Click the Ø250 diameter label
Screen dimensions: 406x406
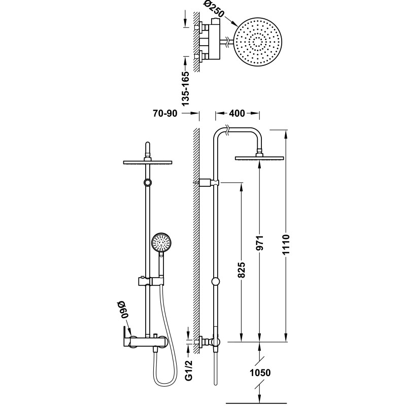pyautogui.click(x=214, y=9)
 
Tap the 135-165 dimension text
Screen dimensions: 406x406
pyautogui.click(x=185, y=88)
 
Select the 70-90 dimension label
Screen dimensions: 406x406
pyautogui.click(x=165, y=113)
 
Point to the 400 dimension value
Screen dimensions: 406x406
pyautogui.click(x=237, y=113)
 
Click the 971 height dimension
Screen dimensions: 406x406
pyautogui.click(x=260, y=243)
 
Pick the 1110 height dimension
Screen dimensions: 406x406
pyautogui.click(x=286, y=245)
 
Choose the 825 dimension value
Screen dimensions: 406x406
pyautogui.click(x=242, y=270)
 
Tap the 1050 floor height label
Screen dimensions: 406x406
pyautogui.click(x=260, y=373)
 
